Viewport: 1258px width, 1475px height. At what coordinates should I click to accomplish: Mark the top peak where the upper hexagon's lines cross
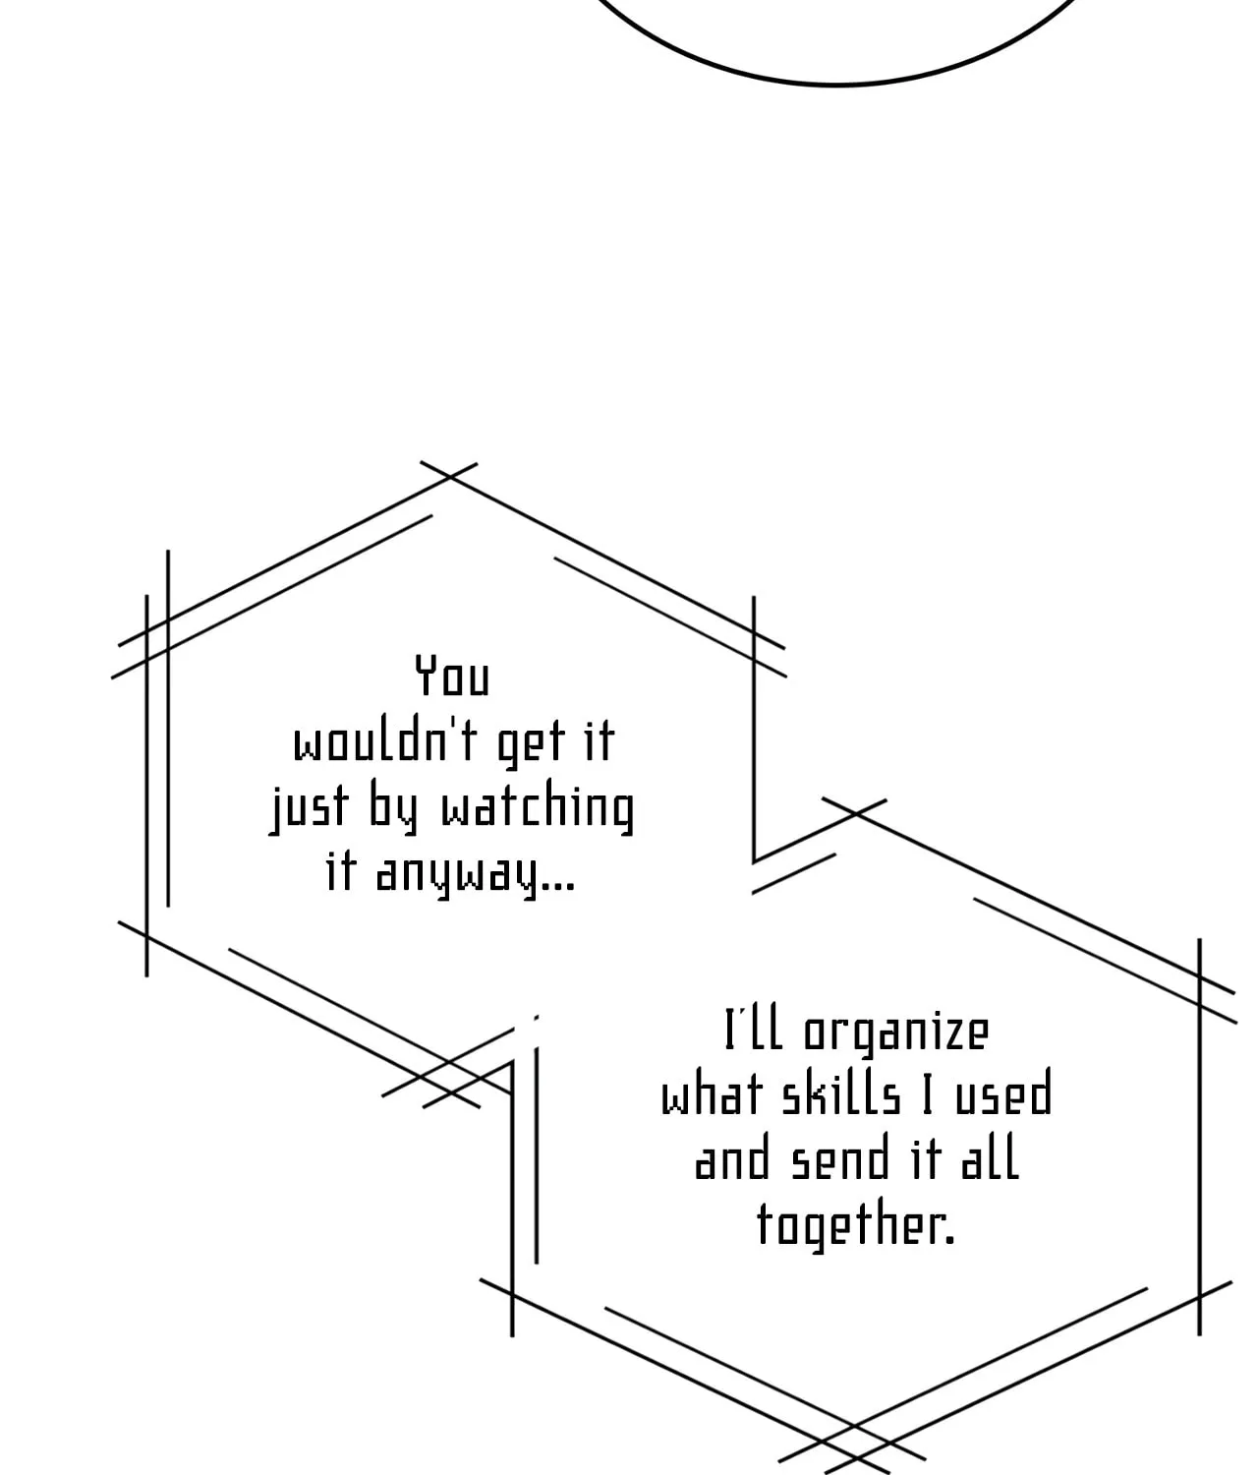449,477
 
